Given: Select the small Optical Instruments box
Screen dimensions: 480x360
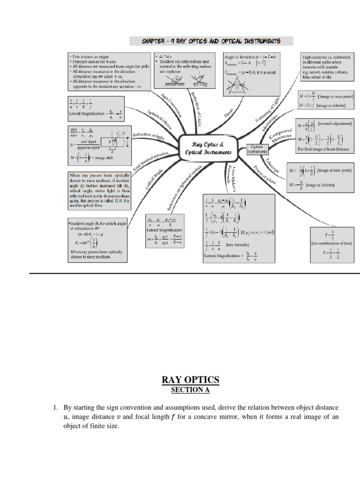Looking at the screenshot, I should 258,150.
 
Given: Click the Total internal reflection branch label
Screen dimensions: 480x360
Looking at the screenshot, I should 150,161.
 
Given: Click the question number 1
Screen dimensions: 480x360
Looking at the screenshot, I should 55,408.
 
